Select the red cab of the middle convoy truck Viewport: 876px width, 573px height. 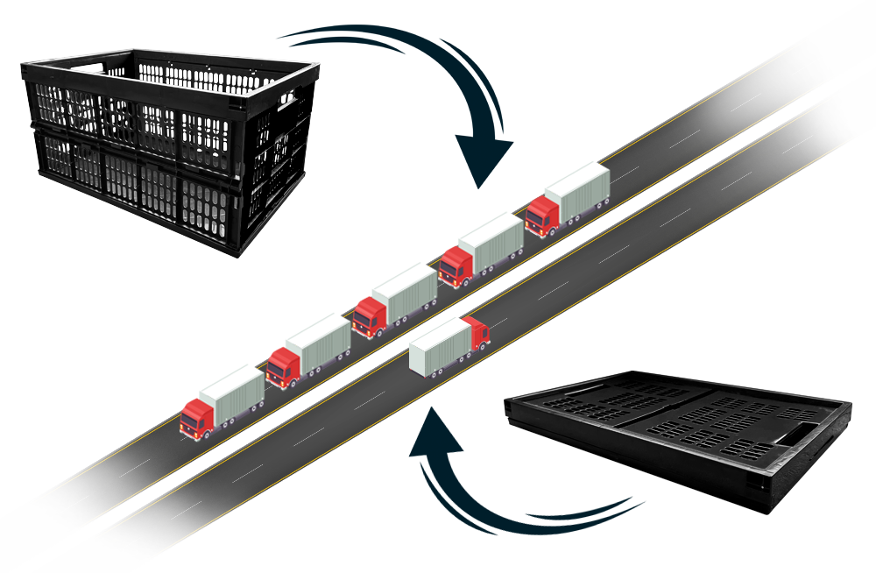pos(369,316)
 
